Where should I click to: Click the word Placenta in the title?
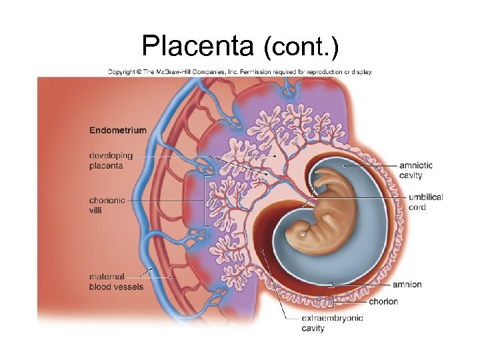click(x=197, y=46)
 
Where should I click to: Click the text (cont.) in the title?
click(x=301, y=47)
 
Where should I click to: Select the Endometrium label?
click(x=117, y=130)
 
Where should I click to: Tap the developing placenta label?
click(x=111, y=161)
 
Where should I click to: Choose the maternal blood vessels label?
click(x=115, y=281)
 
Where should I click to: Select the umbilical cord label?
click(x=425, y=202)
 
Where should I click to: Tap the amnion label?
click(x=407, y=285)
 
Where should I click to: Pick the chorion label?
click(x=383, y=301)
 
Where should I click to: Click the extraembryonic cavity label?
click(x=332, y=323)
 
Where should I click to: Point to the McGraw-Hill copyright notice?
click(x=240, y=71)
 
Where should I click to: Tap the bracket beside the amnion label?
click(x=331, y=285)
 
